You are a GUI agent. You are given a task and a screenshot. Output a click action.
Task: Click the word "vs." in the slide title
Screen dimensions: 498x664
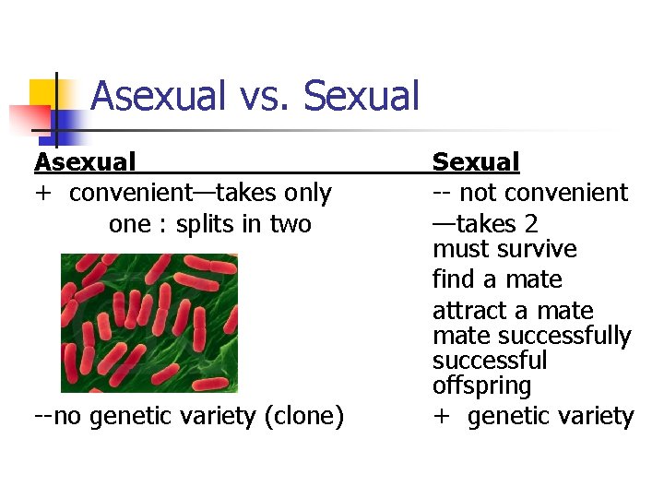tap(264, 95)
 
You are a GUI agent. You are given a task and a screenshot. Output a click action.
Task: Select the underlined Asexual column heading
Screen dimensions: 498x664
tap(85, 162)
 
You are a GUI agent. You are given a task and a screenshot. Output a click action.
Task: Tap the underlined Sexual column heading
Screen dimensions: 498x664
tap(476, 162)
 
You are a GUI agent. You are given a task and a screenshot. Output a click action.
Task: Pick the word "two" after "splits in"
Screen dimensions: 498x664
tap(290, 224)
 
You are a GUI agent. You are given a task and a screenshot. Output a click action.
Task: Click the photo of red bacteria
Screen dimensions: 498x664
tap(148, 323)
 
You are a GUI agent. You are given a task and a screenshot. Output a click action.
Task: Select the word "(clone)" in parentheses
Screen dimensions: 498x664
tap(303, 417)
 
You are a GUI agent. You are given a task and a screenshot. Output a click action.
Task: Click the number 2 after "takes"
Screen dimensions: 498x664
tap(530, 224)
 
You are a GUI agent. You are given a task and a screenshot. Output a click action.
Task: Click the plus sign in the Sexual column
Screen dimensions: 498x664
tap(442, 417)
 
